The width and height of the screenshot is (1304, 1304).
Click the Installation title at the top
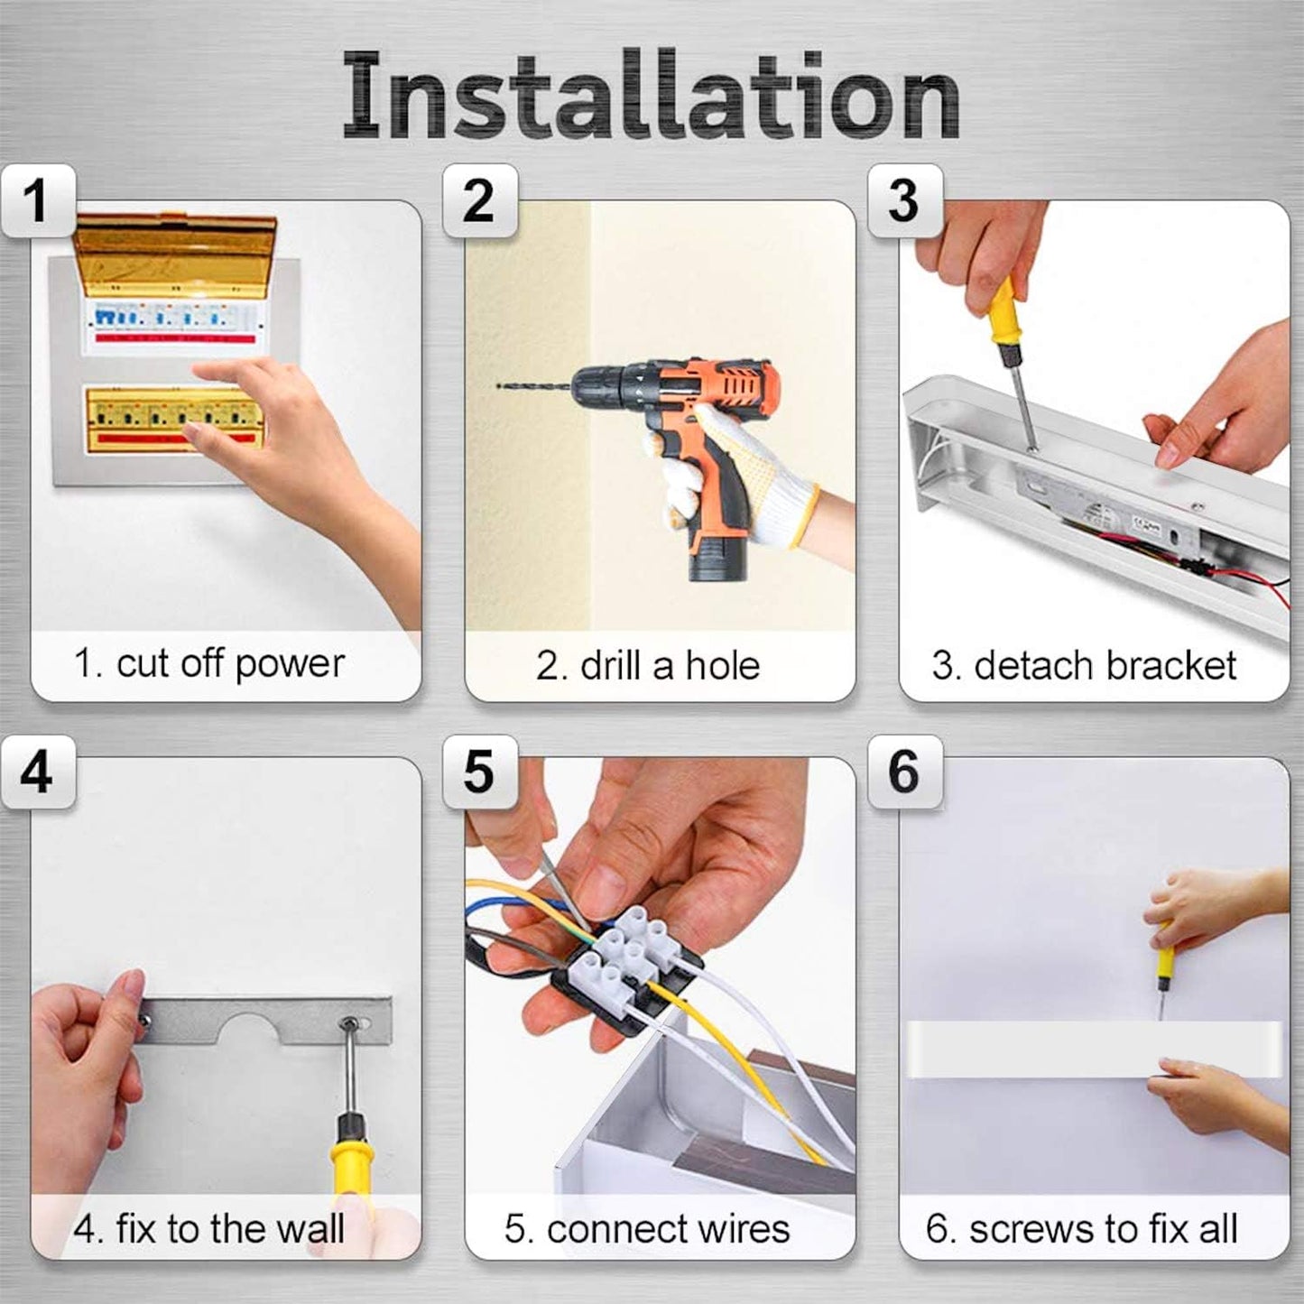[651, 97]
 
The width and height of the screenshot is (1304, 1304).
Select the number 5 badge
[480, 772]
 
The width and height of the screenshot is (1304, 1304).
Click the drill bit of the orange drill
[534, 386]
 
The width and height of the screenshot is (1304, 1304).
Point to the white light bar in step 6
[1094, 1049]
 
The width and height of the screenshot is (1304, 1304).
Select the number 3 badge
[905, 201]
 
